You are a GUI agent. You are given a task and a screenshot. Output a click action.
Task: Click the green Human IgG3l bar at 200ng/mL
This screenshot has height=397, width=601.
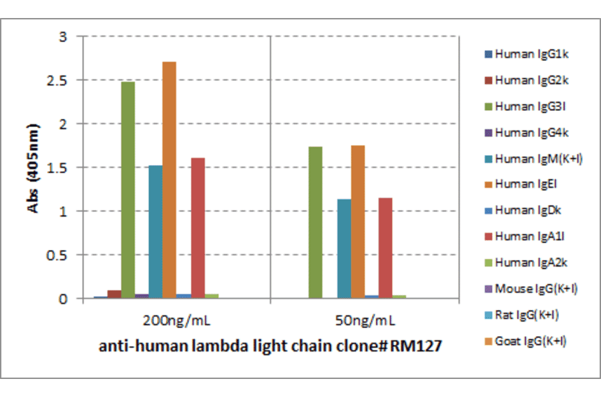coord(128,190)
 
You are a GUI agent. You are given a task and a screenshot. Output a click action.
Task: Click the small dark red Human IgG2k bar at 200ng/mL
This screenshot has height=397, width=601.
coord(114,294)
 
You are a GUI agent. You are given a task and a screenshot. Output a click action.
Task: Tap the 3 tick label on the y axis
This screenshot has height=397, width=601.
coord(63,37)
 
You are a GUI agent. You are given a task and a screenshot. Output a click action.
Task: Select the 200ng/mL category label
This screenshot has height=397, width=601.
coord(176,321)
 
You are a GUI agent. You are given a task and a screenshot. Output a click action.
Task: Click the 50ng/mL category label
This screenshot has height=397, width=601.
coord(365,321)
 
